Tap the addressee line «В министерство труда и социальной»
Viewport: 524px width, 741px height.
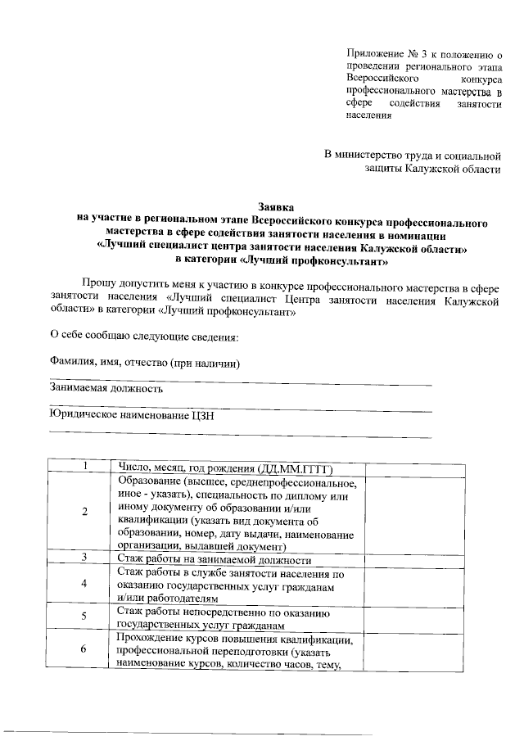point(412,154)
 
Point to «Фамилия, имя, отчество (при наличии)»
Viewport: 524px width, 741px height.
point(145,363)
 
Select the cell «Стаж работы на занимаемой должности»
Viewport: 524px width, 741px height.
point(215,559)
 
